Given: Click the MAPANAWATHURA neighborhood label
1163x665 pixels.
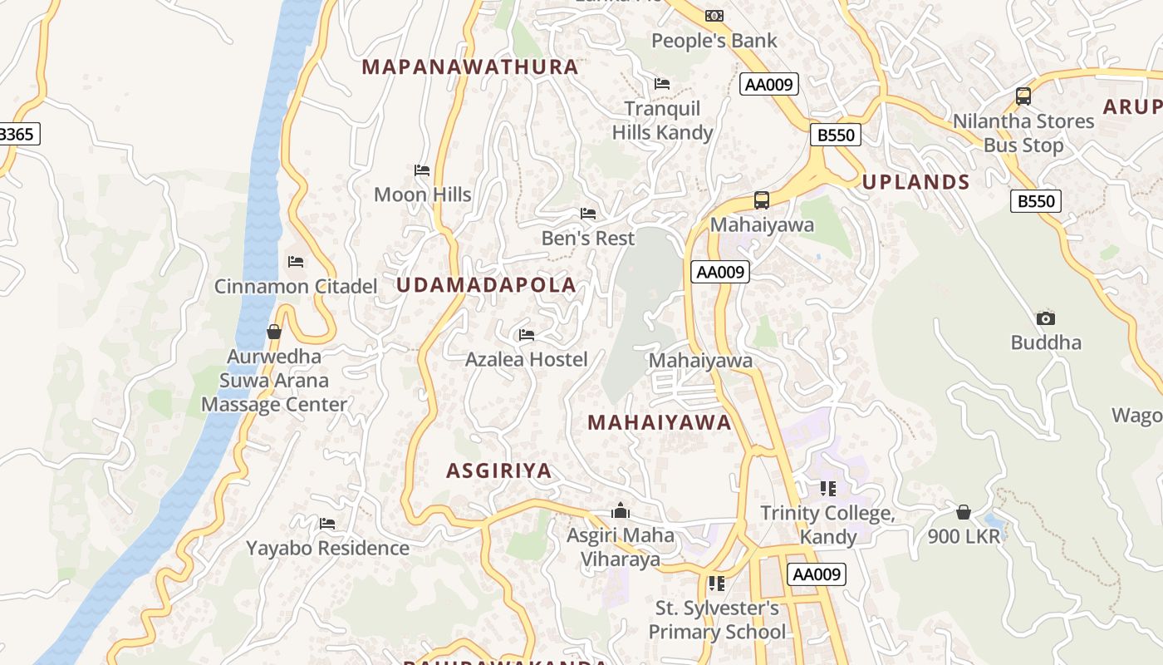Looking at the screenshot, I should click(x=470, y=67).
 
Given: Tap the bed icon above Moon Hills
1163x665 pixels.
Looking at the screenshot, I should click(x=422, y=170).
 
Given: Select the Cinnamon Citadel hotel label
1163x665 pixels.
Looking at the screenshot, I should click(x=296, y=287).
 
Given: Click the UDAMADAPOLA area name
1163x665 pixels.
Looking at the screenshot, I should click(x=486, y=285).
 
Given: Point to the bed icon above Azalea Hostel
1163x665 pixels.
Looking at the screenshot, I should click(x=527, y=335).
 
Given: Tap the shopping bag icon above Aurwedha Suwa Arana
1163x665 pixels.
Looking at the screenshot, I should click(x=274, y=332).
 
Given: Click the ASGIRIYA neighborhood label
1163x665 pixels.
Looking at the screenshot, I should click(x=499, y=471).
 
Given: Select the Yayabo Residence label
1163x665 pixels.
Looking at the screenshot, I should click(x=327, y=549).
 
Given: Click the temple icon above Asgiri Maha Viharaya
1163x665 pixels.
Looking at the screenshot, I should click(x=621, y=510).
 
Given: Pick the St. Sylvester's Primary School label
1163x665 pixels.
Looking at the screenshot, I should click(x=716, y=620).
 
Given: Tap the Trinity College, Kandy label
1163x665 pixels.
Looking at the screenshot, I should click(x=828, y=525).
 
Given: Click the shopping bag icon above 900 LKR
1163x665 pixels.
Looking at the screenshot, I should click(x=964, y=511).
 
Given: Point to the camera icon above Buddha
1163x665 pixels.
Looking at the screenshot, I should click(x=1046, y=318).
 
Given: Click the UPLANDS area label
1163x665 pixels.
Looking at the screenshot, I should click(x=916, y=183).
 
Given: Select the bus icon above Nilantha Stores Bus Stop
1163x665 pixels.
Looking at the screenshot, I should click(x=1023, y=96).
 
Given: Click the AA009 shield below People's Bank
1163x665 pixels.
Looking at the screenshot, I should click(x=769, y=84).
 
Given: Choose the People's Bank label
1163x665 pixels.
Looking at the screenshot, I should click(x=714, y=41).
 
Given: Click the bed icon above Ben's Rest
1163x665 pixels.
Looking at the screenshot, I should click(x=588, y=214).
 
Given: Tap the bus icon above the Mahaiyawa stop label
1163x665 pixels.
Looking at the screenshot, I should click(x=762, y=199).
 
